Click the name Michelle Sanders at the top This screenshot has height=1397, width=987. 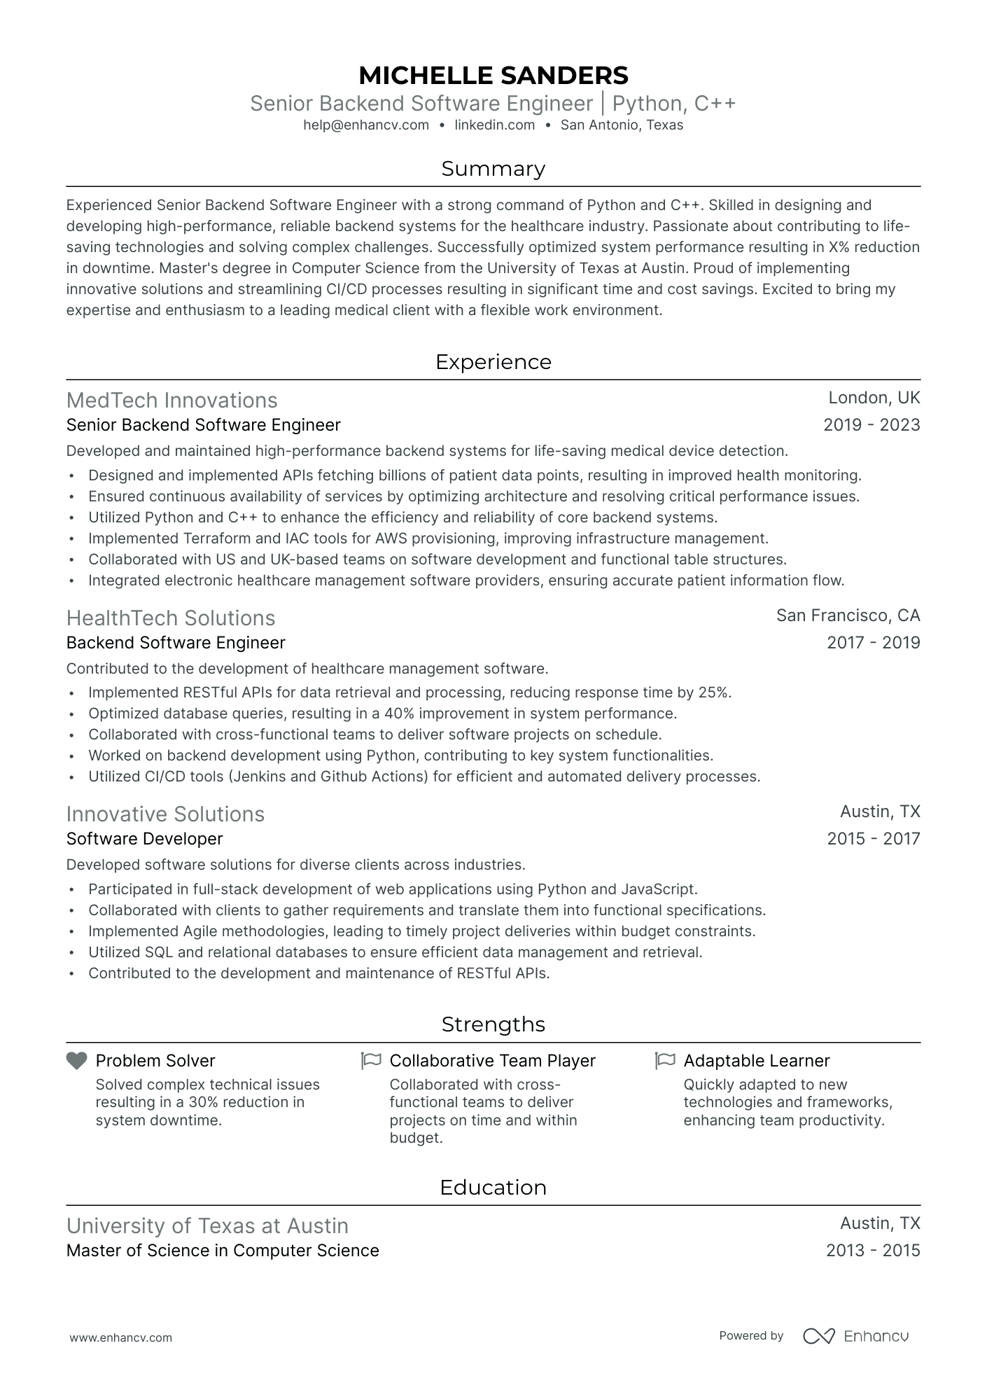pyautogui.click(x=493, y=75)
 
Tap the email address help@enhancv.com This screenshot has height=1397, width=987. pyautogui.click(x=366, y=125)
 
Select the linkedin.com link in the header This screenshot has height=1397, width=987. pyautogui.click(x=494, y=125)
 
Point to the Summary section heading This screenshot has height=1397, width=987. pyautogui.click(x=493, y=169)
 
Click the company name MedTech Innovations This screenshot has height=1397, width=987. pyautogui.click(x=171, y=401)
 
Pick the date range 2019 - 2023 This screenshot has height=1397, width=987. pyautogui.click(x=871, y=425)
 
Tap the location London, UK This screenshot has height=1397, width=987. pyautogui.click(x=874, y=398)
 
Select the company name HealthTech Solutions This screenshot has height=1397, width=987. pyautogui.click(x=171, y=618)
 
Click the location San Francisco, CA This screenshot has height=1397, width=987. pyautogui.click(x=848, y=616)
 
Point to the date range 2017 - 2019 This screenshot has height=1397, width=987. pyautogui.click(x=873, y=643)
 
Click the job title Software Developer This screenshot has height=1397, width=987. pyautogui.click(x=144, y=839)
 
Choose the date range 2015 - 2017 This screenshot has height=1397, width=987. pyautogui.click(x=873, y=839)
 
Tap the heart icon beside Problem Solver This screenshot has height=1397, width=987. pyautogui.click(x=76, y=1061)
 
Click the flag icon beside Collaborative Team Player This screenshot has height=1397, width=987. pyautogui.click(x=371, y=1061)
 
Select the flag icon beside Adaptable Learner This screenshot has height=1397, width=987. pyautogui.click(x=665, y=1061)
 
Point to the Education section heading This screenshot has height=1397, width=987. pyautogui.click(x=493, y=1188)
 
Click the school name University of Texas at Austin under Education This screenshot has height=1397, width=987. pyautogui.click(x=207, y=1226)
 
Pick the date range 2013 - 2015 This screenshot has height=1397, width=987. pyautogui.click(x=872, y=1251)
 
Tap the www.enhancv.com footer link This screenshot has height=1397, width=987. pyautogui.click(x=120, y=1337)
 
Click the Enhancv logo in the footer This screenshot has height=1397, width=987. pyautogui.click(x=855, y=1336)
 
